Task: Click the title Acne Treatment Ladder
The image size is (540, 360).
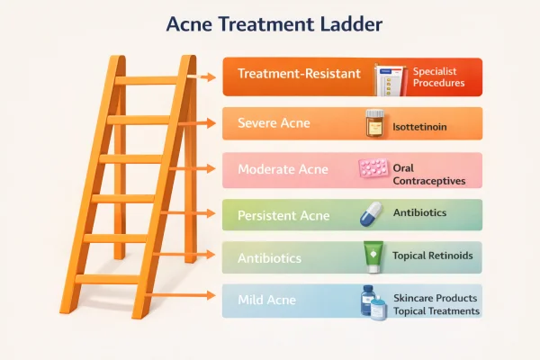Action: [270, 24]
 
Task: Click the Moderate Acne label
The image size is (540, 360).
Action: [283, 169]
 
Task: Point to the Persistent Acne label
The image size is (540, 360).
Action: [283, 216]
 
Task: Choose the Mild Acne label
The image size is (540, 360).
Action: [267, 301]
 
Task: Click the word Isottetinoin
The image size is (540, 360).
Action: [420, 128]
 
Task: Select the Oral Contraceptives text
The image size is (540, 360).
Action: [428, 174]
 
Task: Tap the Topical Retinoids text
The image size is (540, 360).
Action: [432, 256]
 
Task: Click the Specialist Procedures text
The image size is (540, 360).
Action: [439, 76]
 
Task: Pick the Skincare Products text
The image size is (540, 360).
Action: [436, 297]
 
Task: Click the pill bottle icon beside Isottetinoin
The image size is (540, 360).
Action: [375, 123]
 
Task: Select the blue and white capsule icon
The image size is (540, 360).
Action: [372, 214]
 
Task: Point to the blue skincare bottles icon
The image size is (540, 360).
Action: [372, 301]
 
